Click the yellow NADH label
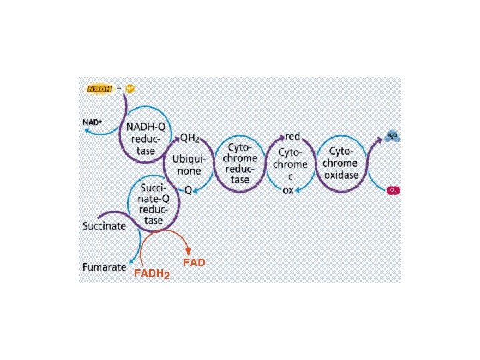point(100,88)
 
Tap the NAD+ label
point(92,123)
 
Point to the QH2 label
point(189,139)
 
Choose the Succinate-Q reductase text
point(154,204)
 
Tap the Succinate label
point(104,226)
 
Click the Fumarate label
point(104,267)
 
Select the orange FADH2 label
point(151,273)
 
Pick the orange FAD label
point(193,263)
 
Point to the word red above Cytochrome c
point(293,137)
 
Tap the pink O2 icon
point(393,191)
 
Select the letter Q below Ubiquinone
point(188,190)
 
